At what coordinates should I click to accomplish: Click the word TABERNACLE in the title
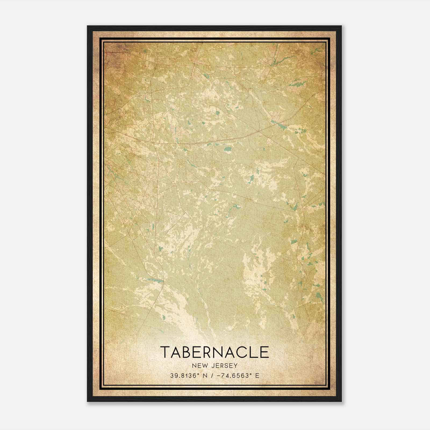[x=215, y=352]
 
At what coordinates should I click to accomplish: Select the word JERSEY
[x=224, y=366]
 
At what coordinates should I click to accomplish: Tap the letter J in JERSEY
[x=213, y=366]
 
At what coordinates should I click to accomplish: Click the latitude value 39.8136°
[x=185, y=376]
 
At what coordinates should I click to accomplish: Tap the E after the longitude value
[x=257, y=376]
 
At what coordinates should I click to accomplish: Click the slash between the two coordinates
[x=213, y=376]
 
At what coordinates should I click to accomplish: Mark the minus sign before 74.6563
[x=219, y=376]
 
